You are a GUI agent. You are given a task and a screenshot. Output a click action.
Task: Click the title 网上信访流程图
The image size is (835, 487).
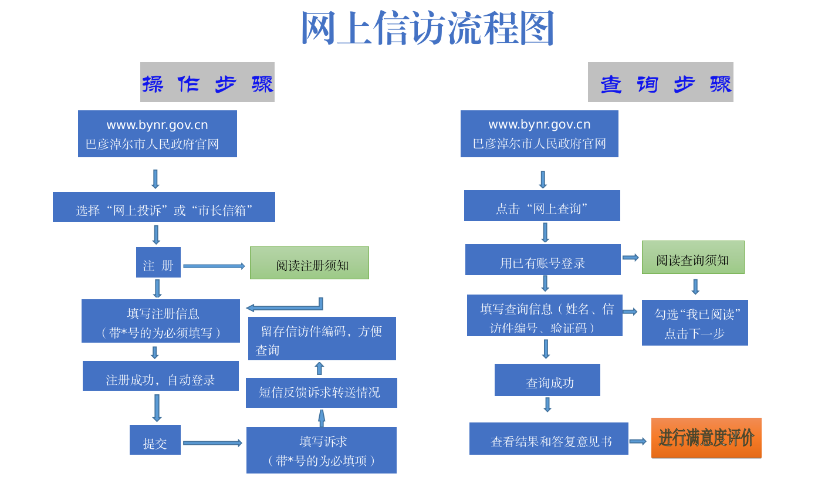coord(427,28)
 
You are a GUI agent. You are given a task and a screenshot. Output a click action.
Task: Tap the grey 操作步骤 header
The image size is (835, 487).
coord(207,82)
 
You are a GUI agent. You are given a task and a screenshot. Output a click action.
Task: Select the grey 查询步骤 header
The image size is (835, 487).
coord(660,82)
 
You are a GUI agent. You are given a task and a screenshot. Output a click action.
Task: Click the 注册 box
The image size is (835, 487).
coord(158,262)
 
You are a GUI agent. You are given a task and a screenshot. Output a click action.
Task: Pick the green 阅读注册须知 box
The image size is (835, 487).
coord(309,263)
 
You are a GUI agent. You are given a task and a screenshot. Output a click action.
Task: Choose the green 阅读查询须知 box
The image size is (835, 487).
coord(692,258)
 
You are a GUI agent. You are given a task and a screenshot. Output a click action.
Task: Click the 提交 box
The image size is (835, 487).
coord(155,440)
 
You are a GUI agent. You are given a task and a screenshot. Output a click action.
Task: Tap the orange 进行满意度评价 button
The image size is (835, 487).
coord(706,438)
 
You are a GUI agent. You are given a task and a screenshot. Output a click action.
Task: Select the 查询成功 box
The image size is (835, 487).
coord(547,380)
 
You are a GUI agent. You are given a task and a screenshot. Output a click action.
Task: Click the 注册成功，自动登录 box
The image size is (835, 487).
coord(160,376)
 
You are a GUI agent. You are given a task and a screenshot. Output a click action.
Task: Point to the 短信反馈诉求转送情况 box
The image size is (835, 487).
coord(321,393)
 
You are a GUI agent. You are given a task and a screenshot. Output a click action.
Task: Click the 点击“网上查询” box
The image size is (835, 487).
coord(542,206)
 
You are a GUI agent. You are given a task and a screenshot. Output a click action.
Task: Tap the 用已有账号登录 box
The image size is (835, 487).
coord(543,260)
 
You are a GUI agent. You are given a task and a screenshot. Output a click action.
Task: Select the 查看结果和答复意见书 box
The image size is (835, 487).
coord(549,439)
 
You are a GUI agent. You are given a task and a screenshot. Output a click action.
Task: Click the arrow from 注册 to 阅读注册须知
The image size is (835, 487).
coord(214,266)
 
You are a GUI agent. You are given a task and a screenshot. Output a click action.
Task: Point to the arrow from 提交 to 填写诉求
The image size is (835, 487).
coord(212,443)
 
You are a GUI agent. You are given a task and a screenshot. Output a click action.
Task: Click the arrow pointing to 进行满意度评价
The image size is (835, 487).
coord(638,441)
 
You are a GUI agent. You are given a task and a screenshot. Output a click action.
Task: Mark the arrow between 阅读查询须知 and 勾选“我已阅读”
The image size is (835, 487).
coord(695,287)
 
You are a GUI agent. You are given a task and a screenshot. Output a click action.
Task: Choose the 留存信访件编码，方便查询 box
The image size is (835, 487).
coord(322,339)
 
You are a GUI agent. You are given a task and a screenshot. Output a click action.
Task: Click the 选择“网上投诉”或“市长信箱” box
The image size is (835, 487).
coord(164,207)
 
